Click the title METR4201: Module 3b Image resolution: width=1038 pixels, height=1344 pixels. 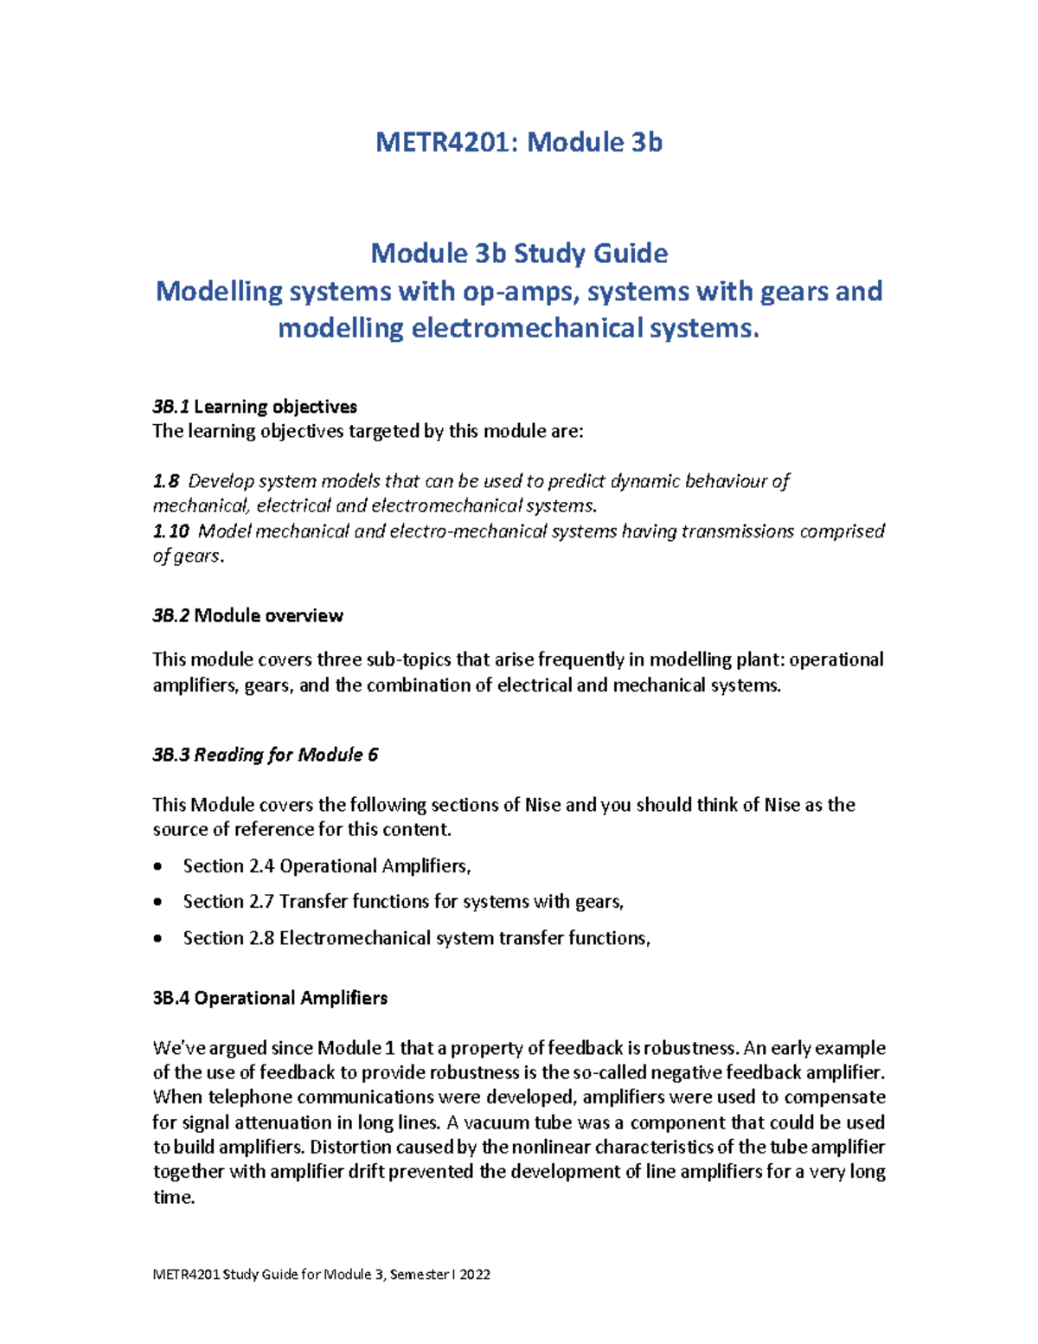pyautogui.click(x=519, y=142)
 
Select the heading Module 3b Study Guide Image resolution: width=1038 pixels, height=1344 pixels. pyautogui.click(x=519, y=254)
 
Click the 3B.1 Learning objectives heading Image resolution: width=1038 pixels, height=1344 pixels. pyautogui.click(x=254, y=407)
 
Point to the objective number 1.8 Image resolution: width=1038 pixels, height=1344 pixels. pyautogui.click(x=166, y=481)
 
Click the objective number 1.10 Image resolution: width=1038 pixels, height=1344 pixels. pyautogui.click(x=170, y=531)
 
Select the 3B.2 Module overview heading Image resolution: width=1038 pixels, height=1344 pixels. pyautogui.click(x=247, y=616)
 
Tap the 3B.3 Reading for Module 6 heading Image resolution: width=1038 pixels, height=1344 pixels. pyautogui.click(x=265, y=755)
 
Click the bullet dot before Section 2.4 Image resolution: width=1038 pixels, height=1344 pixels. pyautogui.click(x=157, y=867)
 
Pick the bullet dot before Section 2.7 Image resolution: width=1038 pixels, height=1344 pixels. pyautogui.click(x=157, y=903)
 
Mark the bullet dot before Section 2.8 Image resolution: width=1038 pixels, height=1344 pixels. pyautogui.click(x=157, y=939)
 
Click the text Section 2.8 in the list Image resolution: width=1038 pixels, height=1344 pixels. pyautogui.click(x=228, y=938)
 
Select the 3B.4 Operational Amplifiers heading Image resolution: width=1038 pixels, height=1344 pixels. pyautogui.click(x=270, y=999)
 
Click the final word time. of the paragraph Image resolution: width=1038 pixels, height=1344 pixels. pyautogui.click(x=174, y=1198)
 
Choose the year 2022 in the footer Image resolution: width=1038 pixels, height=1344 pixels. pyautogui.click(x=475, y=1275)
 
